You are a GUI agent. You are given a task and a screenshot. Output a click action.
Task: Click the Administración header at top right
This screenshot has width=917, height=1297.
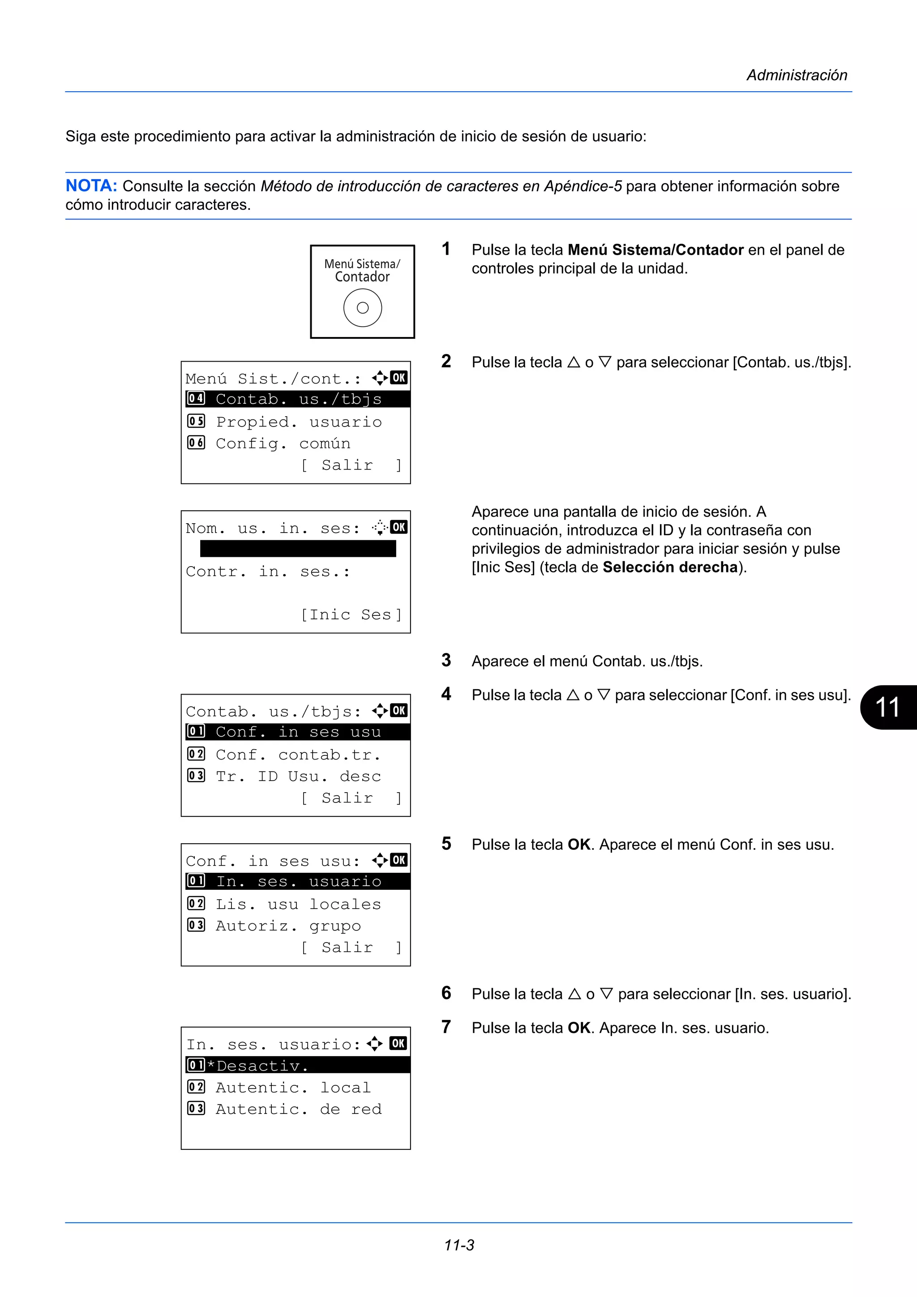tap(796, 75)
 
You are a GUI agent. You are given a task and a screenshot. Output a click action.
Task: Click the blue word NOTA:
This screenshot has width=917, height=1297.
tap(91, 186)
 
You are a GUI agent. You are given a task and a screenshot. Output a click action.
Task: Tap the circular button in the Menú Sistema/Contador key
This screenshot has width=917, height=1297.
tap(362, 308)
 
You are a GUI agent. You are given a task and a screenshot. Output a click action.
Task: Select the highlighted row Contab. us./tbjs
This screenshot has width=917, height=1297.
tap(297, 399)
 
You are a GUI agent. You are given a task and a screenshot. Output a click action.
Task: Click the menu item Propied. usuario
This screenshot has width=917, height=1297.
tap(298, 422)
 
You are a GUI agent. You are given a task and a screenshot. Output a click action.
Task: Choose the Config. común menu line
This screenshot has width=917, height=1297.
tap(283, 444)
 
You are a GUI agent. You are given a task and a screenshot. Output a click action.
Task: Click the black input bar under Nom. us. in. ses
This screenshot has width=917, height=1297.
tap(298, 549)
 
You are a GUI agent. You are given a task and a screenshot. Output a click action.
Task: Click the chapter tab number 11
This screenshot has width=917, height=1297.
tap(887, 707)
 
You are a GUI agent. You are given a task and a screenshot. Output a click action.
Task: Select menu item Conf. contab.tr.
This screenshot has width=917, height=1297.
tap(298, 755)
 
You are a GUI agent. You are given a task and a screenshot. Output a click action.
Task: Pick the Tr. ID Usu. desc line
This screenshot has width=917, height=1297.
tap(298, 776)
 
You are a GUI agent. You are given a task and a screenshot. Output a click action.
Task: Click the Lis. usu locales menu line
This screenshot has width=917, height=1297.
tap(298, 904)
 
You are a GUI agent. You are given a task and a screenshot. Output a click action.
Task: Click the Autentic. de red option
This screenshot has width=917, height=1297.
tap(298, 1109)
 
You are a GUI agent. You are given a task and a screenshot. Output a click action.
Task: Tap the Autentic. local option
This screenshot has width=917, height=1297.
tap(293, 1088)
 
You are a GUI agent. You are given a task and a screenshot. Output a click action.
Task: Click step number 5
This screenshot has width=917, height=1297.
tap(446, 844)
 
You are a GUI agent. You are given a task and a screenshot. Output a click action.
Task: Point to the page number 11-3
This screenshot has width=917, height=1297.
tap(459, 1245)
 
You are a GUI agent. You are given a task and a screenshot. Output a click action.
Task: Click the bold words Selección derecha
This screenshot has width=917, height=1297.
tap(670, 567)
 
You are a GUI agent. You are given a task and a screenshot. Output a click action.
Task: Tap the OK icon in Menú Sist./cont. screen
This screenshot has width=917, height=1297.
tap(399, 377)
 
